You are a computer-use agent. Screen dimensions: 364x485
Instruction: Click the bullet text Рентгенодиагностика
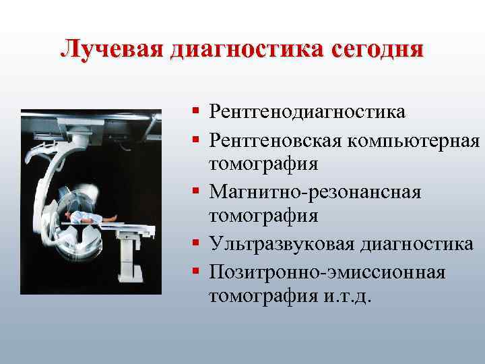click(307, 111)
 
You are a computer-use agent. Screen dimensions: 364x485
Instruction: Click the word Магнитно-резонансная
click(315, 192)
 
